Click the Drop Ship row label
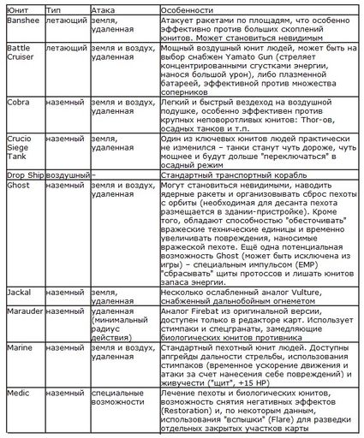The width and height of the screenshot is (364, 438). point(20,173)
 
